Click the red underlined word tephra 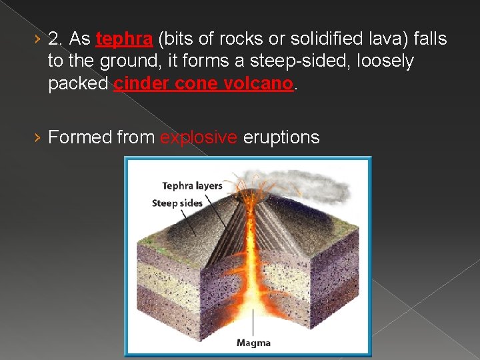click(x=124, y=39)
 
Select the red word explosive click(x=199, y=137)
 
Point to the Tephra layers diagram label click(x=192, y=186)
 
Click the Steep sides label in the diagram click(x=177, y=203)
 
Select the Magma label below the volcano click(x=253, y=343)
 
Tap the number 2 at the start click(x=55, y=39)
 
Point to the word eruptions click(x=281, y=137)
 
